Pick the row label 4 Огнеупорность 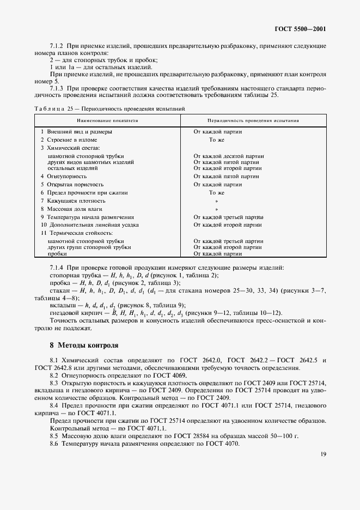(64, 176)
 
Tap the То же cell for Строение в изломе (217, 140)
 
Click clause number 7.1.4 (57, 267)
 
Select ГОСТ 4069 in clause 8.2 (171, 377)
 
